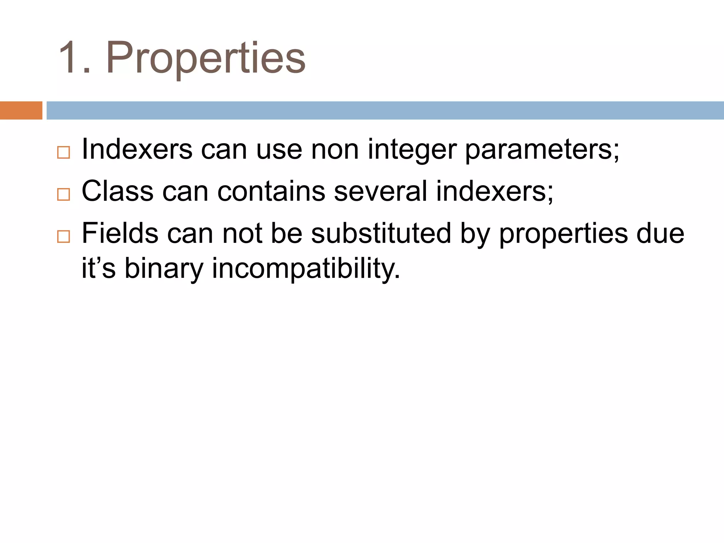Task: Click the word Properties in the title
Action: tap(206, 58)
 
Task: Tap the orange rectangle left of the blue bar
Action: tap(21, 110)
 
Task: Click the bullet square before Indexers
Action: tap(64, 152)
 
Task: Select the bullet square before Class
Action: tap(64, 194)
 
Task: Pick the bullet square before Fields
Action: tap(64, 236)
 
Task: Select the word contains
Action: tap(271, 191)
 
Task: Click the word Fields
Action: tap(120, 233)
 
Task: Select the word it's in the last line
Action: tap(99, 268)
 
